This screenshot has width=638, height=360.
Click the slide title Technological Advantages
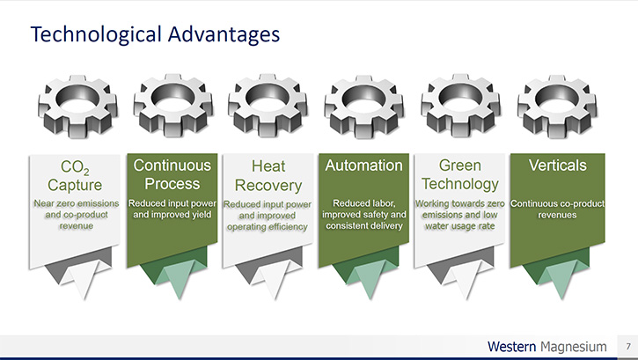coord(155,34)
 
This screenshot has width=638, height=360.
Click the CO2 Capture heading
coord(75,176)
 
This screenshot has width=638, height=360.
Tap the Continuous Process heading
coord(172,174)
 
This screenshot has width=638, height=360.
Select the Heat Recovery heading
coord(268,176)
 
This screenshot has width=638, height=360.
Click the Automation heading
coord(363,165)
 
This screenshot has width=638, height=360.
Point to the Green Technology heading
coord(460,174)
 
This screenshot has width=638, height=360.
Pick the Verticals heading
coord(557,165)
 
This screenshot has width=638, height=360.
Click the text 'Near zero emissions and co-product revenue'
coord(77,215)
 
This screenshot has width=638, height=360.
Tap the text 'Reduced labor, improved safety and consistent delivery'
coord(364,215)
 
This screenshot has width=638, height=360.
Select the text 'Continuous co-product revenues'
coord(557,209)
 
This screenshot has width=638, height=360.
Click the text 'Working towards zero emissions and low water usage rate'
coord(459,215)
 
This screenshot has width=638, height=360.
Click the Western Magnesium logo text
coord(546,347)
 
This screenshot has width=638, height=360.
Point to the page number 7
coord(628,347)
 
